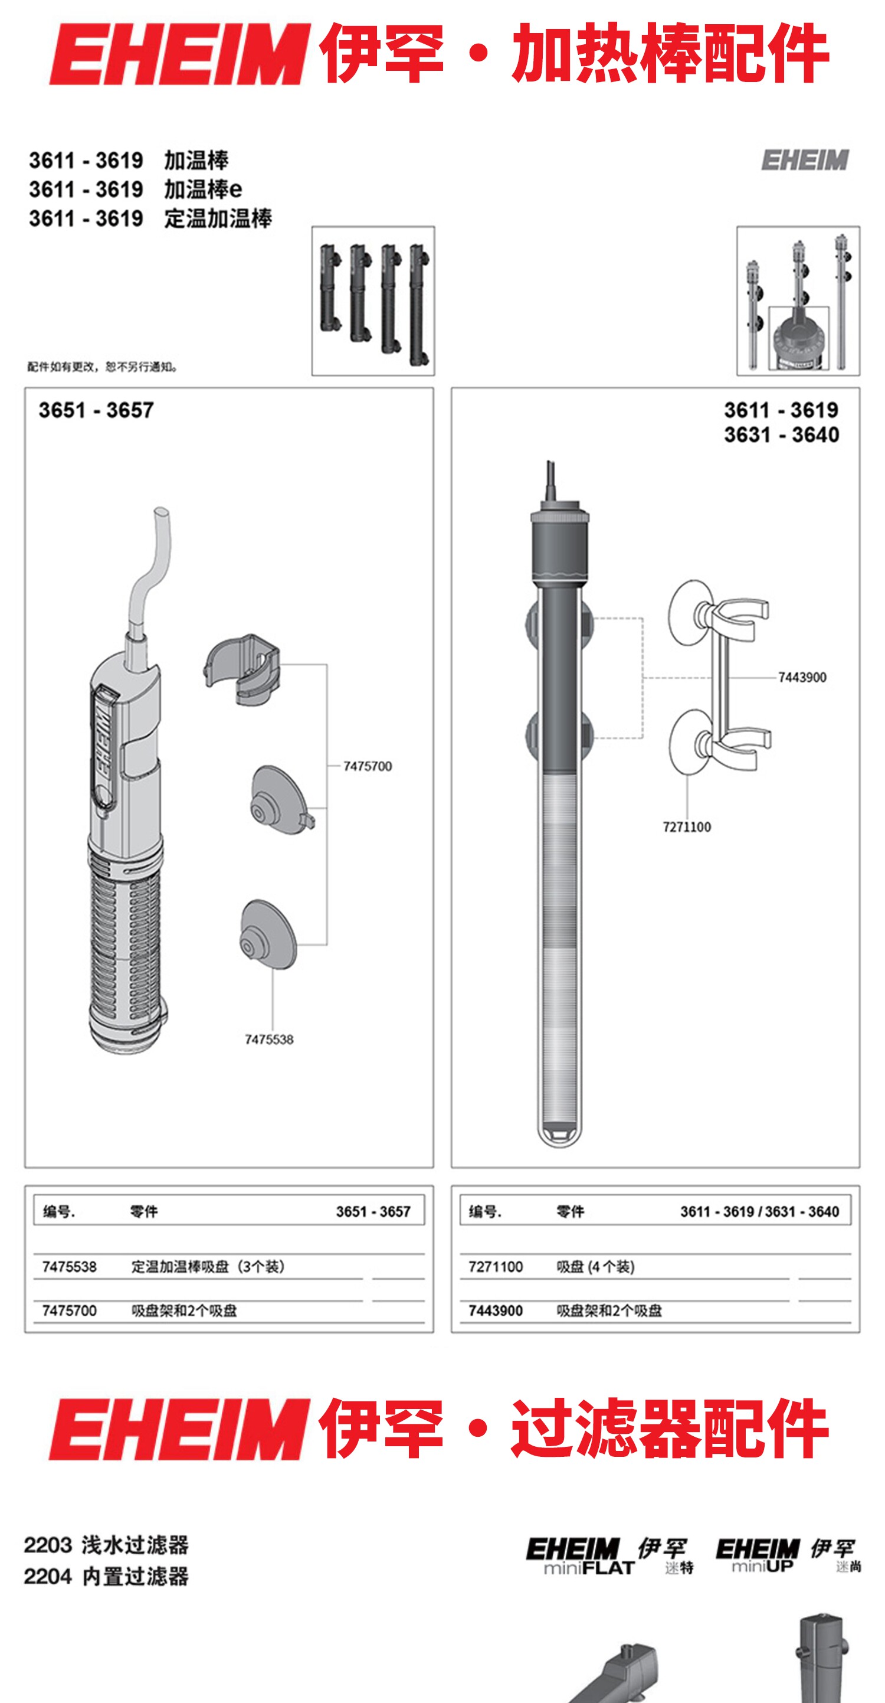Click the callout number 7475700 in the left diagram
pos(368,766)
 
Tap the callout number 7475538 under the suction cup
pos(269,1040)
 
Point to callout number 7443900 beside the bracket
pos(802,677)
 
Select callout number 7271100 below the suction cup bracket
pos(687,826)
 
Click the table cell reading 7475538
pos(70,1267)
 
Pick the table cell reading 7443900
pos(496,1310)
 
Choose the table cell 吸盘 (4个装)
pos(595,1267)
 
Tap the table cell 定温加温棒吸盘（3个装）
pos(208,1267)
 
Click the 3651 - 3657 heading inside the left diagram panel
pos(96,410)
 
